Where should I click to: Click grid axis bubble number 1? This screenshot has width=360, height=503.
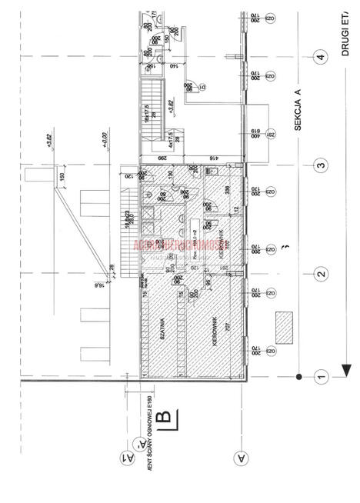(x=319, y=376)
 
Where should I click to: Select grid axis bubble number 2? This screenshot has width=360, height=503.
(x=319, y=272)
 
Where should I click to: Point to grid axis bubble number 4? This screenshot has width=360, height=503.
(x=319, y=58)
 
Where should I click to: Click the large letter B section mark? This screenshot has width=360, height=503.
(x=165, y=419)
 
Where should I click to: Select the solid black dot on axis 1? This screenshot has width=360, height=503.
(x=298, y=376)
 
